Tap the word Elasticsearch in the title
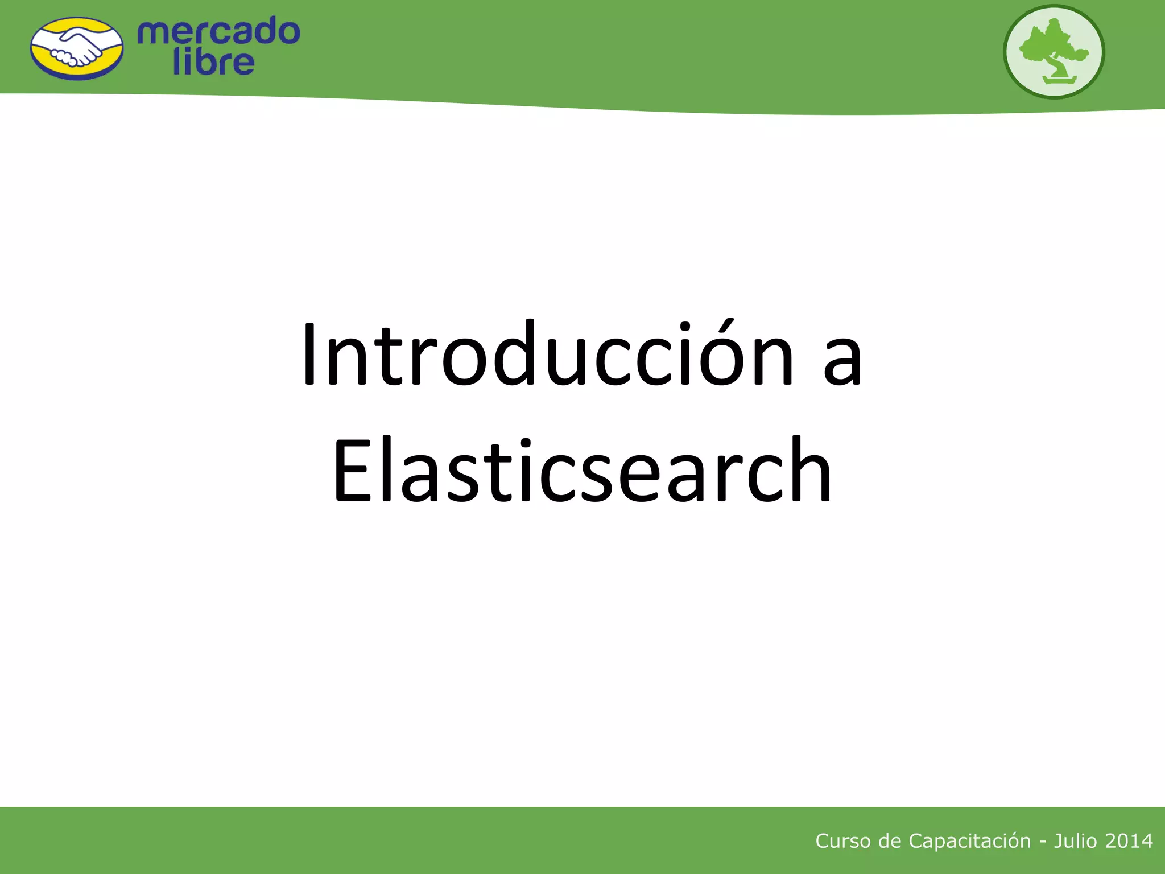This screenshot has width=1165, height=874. (581, 470)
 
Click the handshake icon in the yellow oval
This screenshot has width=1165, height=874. (77, 49)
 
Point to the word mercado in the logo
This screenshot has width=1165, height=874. (218, 31)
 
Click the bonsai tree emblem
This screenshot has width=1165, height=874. (1054, 52)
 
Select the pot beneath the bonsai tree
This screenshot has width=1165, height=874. (1059, 80)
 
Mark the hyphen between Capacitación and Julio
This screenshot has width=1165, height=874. (1042, 842)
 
